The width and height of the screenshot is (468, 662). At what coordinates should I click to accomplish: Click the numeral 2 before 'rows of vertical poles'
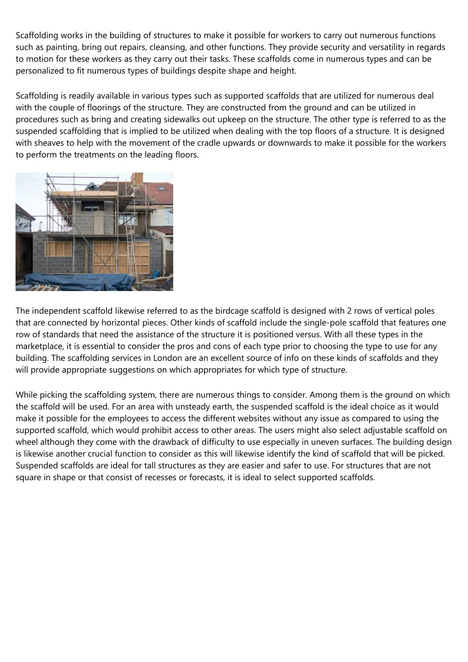click(350, 311)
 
